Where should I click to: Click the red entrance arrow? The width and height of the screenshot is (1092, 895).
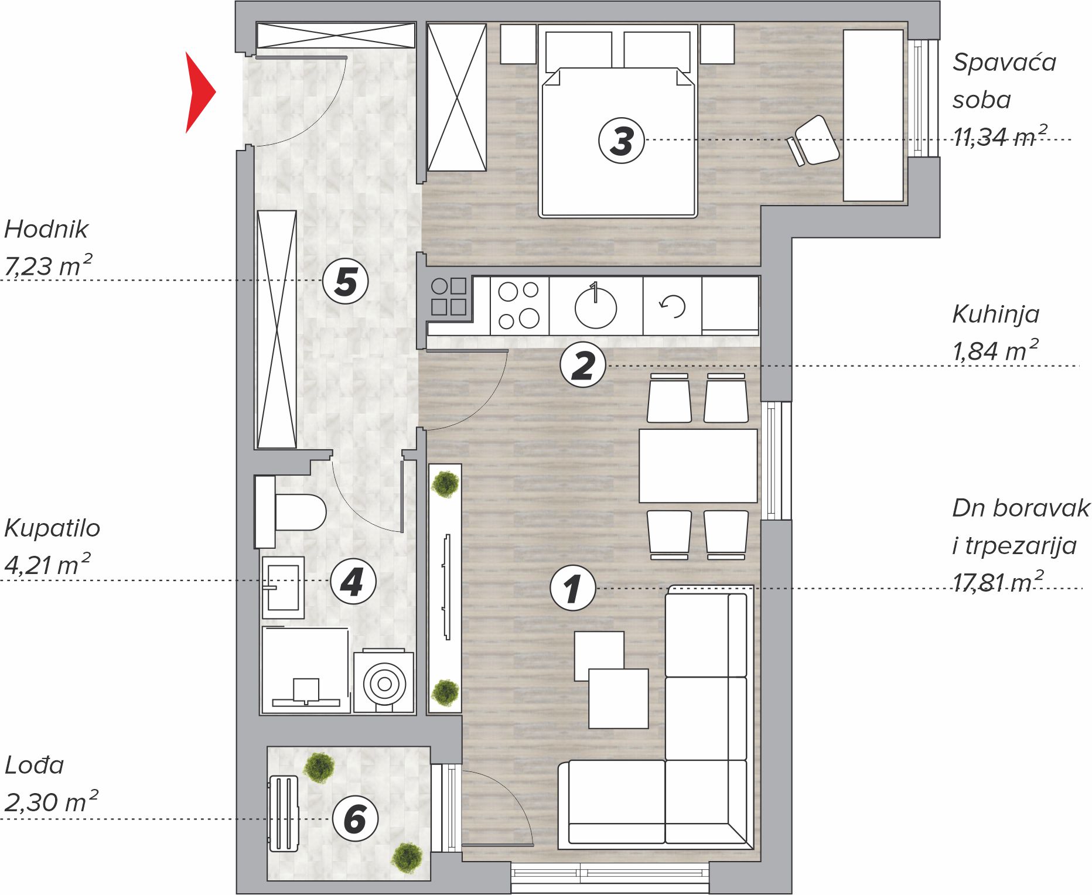[x=198, y=93]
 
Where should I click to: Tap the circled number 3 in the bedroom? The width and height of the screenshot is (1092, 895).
[x=622, y=141]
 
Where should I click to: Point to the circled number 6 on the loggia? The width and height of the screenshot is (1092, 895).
[x=355, y=819]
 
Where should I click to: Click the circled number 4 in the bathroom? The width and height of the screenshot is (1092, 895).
[x=353, y=581]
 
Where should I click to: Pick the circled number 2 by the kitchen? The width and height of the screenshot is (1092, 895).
[x=583, y=365]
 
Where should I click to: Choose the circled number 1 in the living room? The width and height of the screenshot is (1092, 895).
[x=573, y=588]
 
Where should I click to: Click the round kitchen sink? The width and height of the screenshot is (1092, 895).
[x=596, y=306]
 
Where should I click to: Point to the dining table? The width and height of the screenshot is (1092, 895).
[x=698, y=466]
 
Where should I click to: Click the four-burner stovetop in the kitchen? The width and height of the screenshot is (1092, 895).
[x=519, y=306]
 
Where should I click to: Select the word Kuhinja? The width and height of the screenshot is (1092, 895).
[x=996, y=315]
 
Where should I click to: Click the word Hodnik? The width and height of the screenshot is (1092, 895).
[x=46, y=229]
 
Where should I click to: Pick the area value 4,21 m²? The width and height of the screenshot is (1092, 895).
[x=47, y=564]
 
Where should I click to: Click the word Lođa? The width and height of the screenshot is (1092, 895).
[x=34, y=764]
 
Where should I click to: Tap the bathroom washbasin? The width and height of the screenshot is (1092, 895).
[x=284, y=587]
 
